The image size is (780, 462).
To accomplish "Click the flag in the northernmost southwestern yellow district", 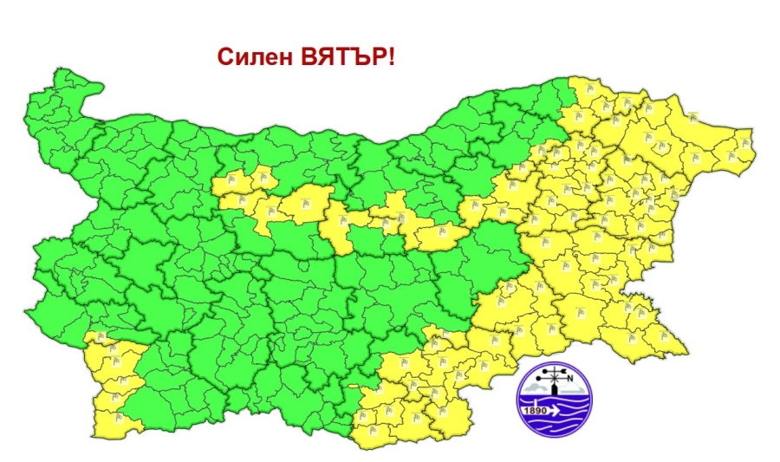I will [101, 338].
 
